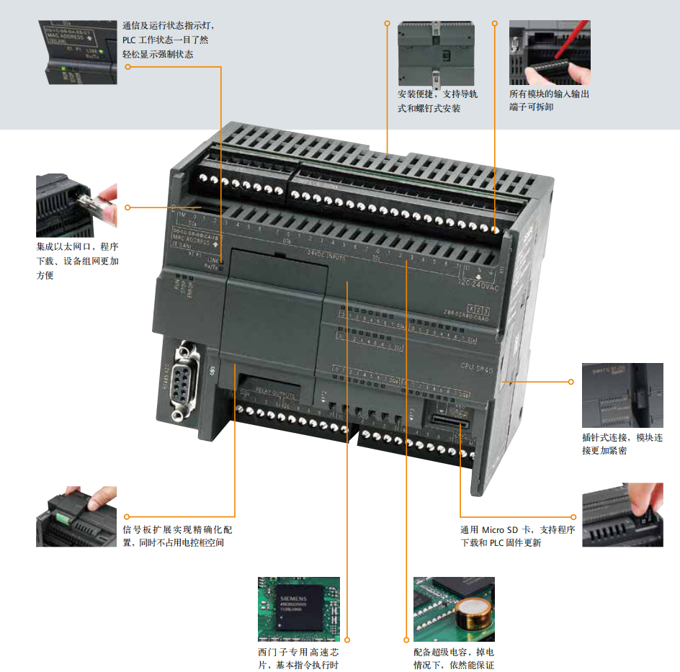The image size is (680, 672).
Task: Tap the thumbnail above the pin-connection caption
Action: [x=622, y=395]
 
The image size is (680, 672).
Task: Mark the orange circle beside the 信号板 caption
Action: [x=127, y=516]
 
